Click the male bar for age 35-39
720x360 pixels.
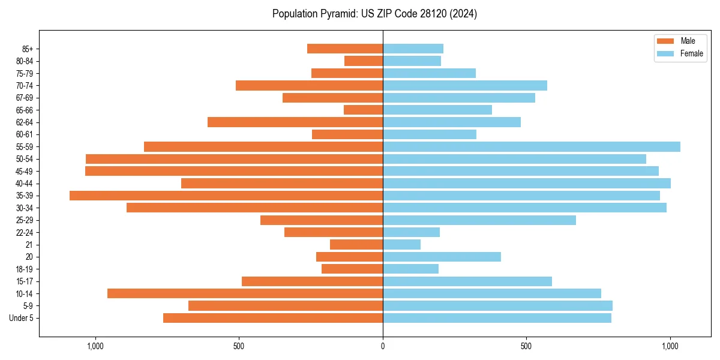(226, 196)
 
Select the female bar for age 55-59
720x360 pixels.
(532, 146)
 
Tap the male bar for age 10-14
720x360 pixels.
(245, 293)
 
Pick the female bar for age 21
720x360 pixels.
(401, 244)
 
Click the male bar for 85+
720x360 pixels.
(345, 49)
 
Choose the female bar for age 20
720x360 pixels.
(442, 257)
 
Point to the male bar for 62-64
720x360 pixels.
(295, 122)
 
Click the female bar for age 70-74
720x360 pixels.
(465, 85)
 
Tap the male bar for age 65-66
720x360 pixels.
(363, 110)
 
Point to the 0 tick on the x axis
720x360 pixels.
(383, 346)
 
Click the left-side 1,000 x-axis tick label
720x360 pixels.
(95, 346)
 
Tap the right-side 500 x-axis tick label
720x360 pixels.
(526, 346)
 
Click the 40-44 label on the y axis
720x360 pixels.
(25, 184)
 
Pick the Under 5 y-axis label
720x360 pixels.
(22, 318)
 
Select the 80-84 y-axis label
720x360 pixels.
(25, 61)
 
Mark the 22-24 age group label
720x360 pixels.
(25, 232)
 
